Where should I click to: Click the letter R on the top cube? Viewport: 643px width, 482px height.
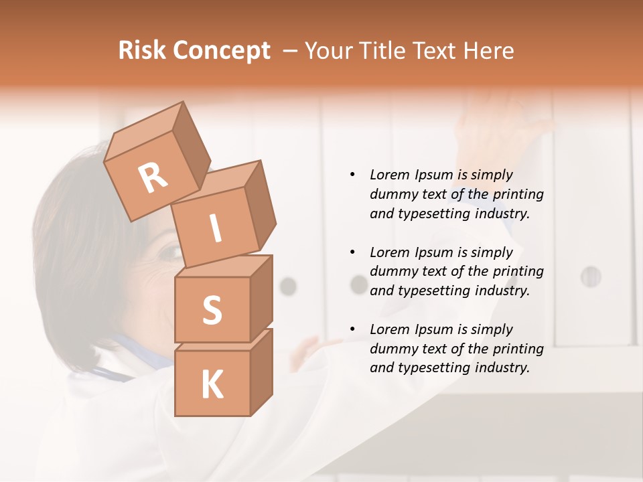(153, 177)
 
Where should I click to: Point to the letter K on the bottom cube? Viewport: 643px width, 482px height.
(212, 384)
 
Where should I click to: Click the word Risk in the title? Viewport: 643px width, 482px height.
(143, 50)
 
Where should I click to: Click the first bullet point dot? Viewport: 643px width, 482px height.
(352, 175)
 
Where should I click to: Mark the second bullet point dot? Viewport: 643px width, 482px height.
(352, 252)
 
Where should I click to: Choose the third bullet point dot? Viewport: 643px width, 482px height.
(352, 329)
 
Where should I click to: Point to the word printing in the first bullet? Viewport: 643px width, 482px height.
(518, 194)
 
